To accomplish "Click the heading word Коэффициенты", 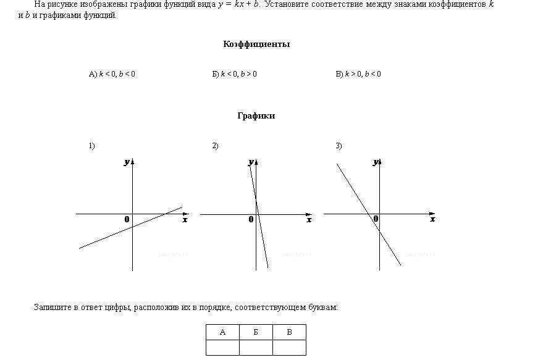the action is [256, 44].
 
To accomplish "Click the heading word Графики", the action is [256, 115].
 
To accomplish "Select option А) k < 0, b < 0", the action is [112, 73].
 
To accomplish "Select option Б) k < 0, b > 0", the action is [235, 73].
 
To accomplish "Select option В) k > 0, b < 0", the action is [358, 73].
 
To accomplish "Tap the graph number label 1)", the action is [92, 146].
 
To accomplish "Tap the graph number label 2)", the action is [215, 146].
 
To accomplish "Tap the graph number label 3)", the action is [339, 146].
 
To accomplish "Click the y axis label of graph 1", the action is [127, 162].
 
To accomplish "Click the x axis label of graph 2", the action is [309, 219].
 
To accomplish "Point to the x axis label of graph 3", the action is [432, 219].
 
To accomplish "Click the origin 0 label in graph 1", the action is [127, 219].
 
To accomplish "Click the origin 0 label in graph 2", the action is [251, 219].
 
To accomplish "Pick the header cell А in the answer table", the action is [222, 332].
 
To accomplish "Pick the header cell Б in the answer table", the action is [256, 332].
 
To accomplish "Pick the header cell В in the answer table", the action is [290, 332].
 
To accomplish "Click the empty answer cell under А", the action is [222, 348].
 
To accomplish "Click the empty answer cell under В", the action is [290, 348].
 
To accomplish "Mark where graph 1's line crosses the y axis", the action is [133, 227].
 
